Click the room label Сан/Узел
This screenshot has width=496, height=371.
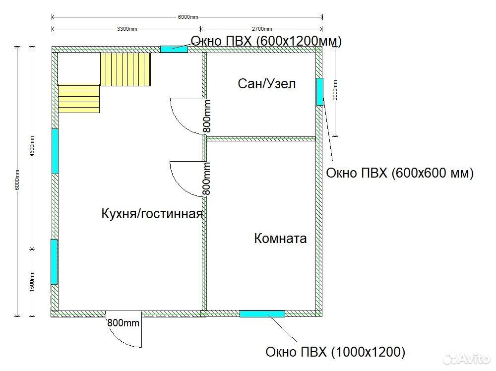[x=267, y=84]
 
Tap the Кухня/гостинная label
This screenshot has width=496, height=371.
[x=152, y=214]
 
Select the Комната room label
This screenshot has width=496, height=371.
[x=280, y=238]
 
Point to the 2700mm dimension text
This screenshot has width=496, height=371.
[x=261, y=29]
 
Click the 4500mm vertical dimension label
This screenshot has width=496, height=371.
[x=32, y=146]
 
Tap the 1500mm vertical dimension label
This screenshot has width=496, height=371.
[x=32, y=282]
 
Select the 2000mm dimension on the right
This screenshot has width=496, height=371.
[x=335, y=90]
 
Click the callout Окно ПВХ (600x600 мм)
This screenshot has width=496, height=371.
[x=399, y=173]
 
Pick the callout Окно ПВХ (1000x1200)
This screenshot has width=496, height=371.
[x=335, y=352]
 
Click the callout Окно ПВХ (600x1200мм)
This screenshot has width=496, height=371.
[x=266, y=41]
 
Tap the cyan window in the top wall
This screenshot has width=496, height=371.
[x=174, y=49]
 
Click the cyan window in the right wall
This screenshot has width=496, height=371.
[x=320, y=92]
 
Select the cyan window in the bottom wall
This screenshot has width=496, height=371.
[x=262, y=314]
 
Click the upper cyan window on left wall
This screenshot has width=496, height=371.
[x=55, y=151]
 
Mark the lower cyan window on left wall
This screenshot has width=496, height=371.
[x=54, y=262]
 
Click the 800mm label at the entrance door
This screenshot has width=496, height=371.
[x=123, y=323]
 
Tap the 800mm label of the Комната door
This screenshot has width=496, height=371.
[x=206, y=179]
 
